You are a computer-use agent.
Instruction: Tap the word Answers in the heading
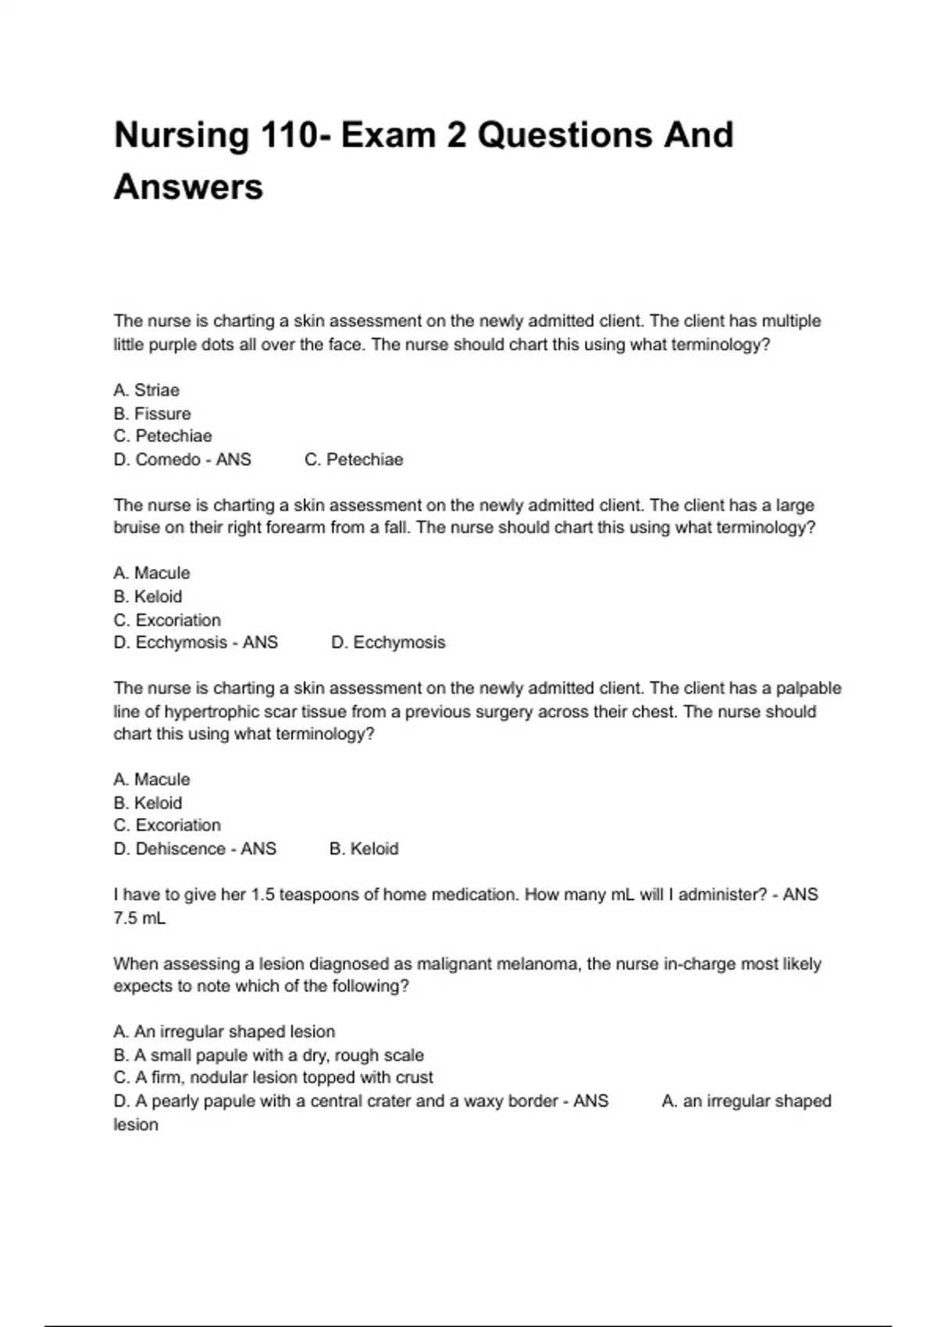pyautogui.click(x=188, y=187)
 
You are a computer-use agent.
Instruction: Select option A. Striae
pyautogui.click(x=146, y=390)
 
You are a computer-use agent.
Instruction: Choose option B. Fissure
pyautogui.click(x=151, y=414)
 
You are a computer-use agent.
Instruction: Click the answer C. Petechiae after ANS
pyautogui.click(x=354, y=460)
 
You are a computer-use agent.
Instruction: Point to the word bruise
pyautogui.click(x=137, y=528)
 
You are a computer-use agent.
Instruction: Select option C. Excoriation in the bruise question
pyautogui.click(x=167, y=621)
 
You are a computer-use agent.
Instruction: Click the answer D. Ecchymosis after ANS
pyautogui.click(x=388, y=642)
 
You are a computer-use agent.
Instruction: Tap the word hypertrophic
pyautogui.click(x=206, y=712)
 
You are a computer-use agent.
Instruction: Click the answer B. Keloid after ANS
pyautogui.click(x=364, y=848)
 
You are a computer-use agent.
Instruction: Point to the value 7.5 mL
pyautogui.click(x=139, y=918)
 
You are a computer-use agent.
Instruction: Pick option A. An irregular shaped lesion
pyautogui.click(x=224, y=1032)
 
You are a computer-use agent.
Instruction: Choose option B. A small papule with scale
pyautogui.click(x=269, y=1055)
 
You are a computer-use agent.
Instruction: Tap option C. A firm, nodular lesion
pyautogui.click(x=273, y=1078)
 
